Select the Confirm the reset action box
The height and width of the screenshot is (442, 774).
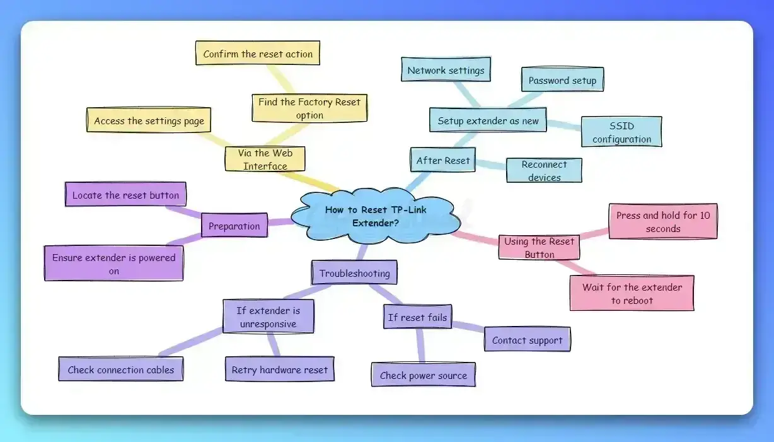258,54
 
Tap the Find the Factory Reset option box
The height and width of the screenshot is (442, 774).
309,108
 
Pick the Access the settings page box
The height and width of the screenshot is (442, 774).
149,120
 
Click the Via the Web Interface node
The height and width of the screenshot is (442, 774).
265,159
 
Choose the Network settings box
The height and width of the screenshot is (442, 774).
446,69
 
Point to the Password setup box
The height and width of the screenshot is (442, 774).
562,80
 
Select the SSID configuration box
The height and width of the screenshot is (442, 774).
621,132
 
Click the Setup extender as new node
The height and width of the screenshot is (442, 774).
488,120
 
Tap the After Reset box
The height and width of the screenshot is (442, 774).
442,160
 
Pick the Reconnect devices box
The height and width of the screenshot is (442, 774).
544,171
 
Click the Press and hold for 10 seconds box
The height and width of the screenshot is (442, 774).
662,221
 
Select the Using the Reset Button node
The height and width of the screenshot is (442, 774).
539,248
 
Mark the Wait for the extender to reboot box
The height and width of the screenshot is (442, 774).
632,293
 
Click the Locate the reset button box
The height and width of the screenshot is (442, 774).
125,195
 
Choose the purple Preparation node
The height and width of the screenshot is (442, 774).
234,226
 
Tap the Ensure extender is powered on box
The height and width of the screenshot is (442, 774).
113,264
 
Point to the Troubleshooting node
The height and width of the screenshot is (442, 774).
354,273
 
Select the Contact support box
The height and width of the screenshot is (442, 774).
527,340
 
